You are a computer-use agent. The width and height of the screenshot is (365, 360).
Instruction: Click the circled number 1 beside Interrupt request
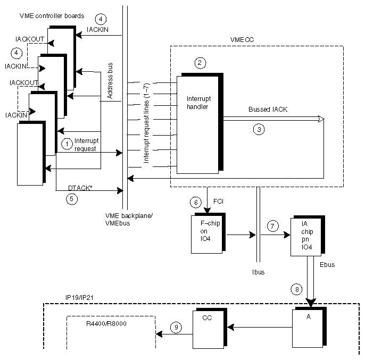coord(67,143)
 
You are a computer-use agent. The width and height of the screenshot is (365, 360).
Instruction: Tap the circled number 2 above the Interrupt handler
coord(200,63)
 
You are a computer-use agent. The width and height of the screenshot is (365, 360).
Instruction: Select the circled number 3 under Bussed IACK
coord(258,129)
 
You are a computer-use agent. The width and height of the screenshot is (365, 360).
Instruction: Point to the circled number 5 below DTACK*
coord(72,199)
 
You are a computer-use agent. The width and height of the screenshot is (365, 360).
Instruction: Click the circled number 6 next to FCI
coord(196,202)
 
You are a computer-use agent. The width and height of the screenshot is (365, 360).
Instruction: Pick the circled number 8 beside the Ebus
coord(296,289)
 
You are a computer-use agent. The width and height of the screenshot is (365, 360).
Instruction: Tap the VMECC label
coord(240,39)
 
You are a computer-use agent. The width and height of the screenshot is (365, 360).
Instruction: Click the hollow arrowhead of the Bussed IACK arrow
coord(320,120)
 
